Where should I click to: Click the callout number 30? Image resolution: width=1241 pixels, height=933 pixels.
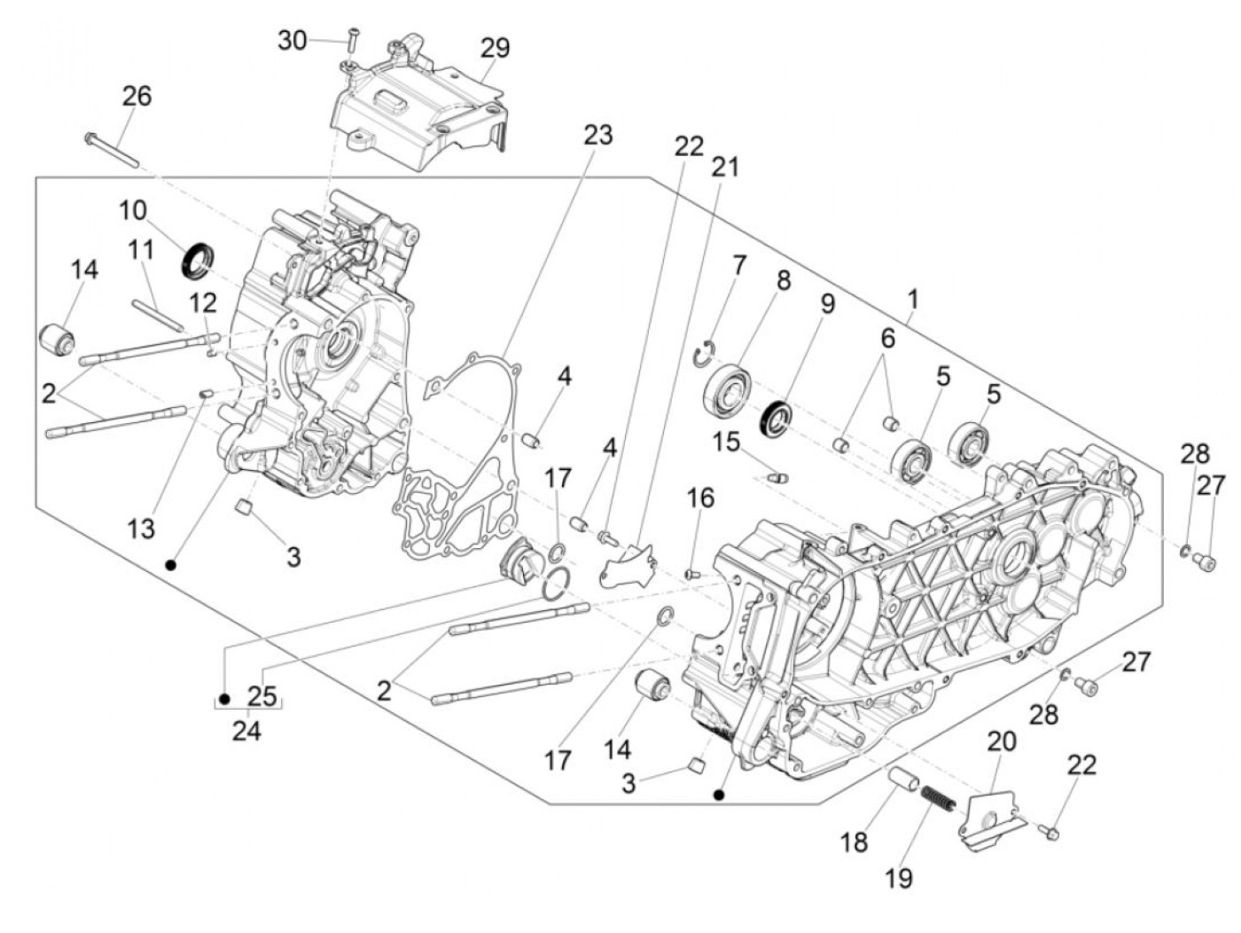click(x=292, y=40)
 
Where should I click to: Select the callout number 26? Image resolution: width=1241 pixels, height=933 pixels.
click(x=137, y=95)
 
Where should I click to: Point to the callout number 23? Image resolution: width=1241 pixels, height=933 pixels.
click(x=597, y=135)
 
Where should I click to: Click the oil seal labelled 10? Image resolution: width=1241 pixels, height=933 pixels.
click(x=199, y=256)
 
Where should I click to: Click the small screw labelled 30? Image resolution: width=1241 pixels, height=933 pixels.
click(x=352, y=37)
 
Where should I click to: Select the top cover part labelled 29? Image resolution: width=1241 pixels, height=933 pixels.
click(x=417, y=106)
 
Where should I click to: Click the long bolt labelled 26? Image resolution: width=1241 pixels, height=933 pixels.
click(x=112, y=149)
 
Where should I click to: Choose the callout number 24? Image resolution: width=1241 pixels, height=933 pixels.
click(x=247, y=732)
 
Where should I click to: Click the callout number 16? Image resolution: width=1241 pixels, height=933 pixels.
click(x=700, y=498)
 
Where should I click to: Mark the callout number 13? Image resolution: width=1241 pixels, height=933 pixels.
click(x=140, y=529)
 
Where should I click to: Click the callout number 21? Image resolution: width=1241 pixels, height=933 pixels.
click(x=725, y=166)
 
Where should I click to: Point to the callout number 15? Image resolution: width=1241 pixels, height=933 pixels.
click(x=727, y=441)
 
